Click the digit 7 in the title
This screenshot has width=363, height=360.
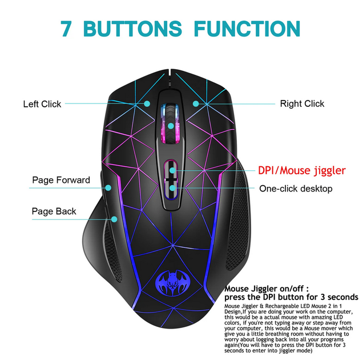point(66,29)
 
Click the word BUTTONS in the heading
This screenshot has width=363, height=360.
point(132,29)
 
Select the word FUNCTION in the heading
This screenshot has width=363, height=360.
point(247,29)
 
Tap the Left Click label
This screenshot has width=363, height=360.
point(42,104)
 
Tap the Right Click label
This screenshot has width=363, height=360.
point(302,103)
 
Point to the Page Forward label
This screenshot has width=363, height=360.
point(61,180)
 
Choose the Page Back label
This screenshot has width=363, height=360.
point(54,211)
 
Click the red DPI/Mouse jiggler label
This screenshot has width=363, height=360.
point(302,171)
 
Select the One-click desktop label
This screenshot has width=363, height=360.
point(296,189)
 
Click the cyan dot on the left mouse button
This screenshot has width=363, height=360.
point(147,103)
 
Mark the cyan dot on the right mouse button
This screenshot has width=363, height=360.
point(196,103)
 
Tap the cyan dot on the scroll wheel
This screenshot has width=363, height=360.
point(171,126)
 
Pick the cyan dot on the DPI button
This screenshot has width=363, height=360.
point(172,170)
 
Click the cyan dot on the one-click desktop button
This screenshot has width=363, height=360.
point(172,188)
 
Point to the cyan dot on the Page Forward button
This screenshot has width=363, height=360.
point(108,188)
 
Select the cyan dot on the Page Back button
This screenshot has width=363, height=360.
point(114,219)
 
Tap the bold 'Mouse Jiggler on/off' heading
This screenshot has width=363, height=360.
point(267,289)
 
